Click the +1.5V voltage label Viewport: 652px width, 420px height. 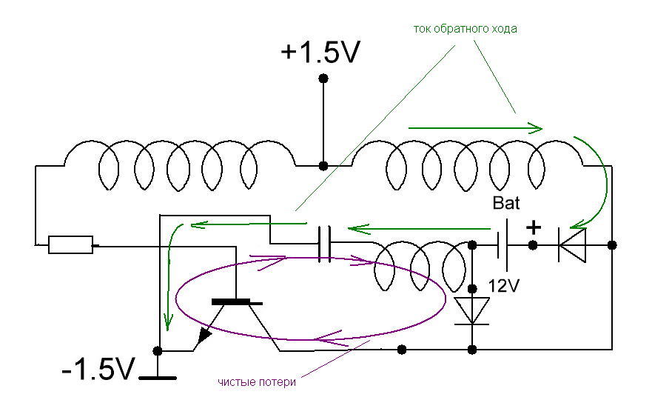pyautogui.click(x=320, y=53)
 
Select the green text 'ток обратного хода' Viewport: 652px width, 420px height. pyautogui.click(x=465, y=29)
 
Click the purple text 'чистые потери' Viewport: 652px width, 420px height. pyautogui.click(x=257, y=382)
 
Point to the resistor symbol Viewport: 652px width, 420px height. pyautogui.click(x=70, y=244)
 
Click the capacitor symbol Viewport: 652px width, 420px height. pyautogui.click(x=323, y=244)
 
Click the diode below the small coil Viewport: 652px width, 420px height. pyautogui.click(x=472, y=310)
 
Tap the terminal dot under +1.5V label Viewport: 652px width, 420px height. pyautogui.click(x=323, y=79)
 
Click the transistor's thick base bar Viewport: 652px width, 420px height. pyautogui.click(x=237, y=302)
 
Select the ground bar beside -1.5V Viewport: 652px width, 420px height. pyautogui.click(x=158, y=378)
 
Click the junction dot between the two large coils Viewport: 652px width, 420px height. pyautogui.click(x=323, y=166)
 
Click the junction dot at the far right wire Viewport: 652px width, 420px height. pyautogui.click(x=612, y=244)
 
